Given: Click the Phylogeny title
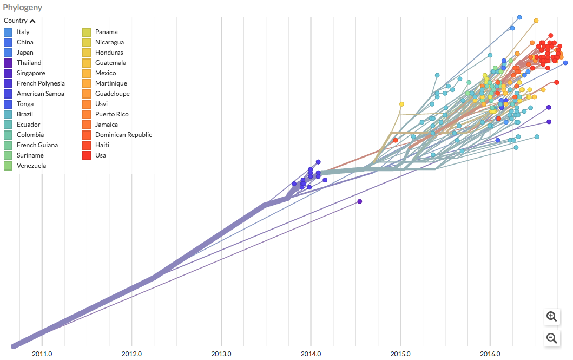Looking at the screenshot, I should [x=23, y=8].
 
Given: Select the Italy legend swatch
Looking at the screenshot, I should [x=8, y=32].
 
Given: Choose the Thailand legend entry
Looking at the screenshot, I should [x=29, y=63].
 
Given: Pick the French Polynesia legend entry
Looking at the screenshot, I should [x=41, y=83].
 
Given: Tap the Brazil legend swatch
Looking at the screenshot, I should [x=8, y=114].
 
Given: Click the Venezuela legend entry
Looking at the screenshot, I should [x=31, y=166].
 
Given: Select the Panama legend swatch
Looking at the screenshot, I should [x=87, y=32].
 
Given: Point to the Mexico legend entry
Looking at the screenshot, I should [x=106, y=73].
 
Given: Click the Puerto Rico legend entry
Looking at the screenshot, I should [x=112, y=114].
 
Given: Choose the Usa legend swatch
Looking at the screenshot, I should [x=87, y=155].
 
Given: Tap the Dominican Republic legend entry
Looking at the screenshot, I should [x=123, y=135].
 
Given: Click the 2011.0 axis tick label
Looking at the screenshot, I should [x=42, y=354].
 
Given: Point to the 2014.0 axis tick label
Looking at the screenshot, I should [x=311, y=354].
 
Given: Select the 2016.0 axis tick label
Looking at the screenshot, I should [x=490, y=354].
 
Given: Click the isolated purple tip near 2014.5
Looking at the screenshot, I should [x=359, y=201].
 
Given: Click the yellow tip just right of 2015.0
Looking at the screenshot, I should [x=401, y=104].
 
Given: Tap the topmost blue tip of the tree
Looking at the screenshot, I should [x=519, y=17].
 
